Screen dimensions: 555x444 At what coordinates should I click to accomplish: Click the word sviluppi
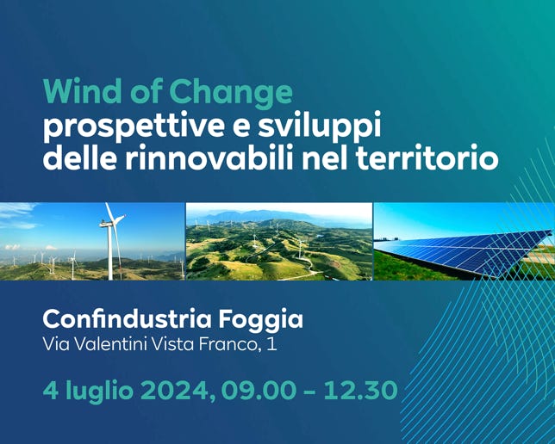pos(319,126)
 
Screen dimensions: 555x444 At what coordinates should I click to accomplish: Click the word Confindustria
pos(127,319)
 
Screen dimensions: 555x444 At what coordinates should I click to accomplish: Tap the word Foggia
pos(260,321)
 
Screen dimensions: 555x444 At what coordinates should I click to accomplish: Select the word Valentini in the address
pos(111,344)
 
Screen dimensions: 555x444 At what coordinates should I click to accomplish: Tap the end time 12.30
pos(361,391)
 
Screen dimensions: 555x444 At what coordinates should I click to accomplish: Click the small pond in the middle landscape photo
pos(320,236)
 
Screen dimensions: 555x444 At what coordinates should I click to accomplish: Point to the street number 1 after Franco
pos(272,344)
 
